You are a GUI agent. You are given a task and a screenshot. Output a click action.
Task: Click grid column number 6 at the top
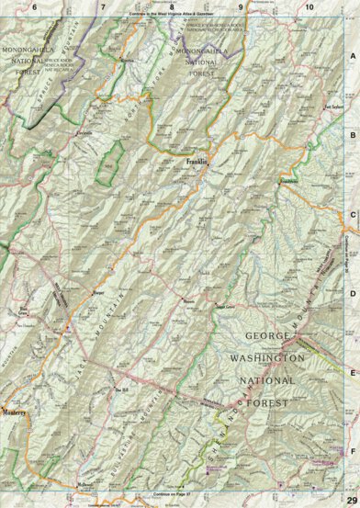[x=34, y=6]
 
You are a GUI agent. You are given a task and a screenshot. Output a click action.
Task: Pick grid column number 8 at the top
[x=171, y=6]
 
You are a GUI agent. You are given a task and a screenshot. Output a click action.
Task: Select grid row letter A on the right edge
[x=352, y=56]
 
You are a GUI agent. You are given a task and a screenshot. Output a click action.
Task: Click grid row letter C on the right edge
[x=352, y=217]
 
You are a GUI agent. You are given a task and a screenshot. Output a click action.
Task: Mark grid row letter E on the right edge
[x=352, y=373]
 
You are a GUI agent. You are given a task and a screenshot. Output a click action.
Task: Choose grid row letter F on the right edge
[x=352, y=450]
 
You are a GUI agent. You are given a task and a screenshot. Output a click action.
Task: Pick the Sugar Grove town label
[x=224, y=306]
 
